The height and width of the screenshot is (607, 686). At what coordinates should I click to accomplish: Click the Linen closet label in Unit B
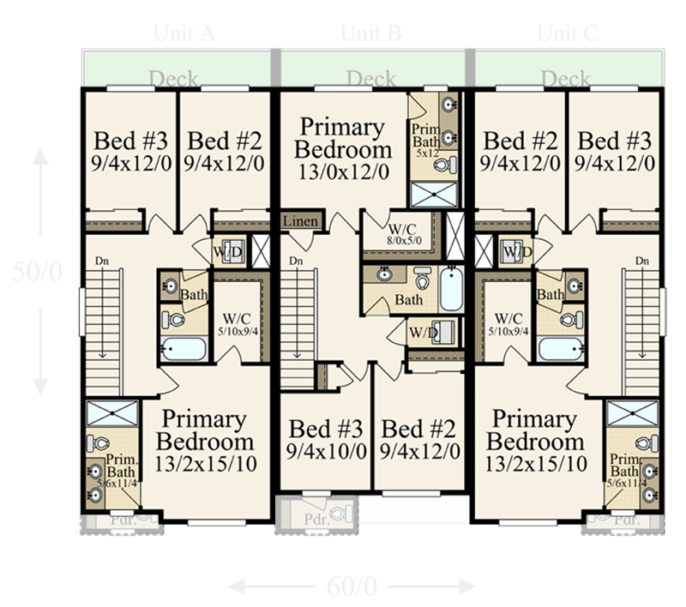301,222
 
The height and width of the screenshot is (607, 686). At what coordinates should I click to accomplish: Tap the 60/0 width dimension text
352,586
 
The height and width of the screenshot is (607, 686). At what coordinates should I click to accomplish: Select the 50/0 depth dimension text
39,271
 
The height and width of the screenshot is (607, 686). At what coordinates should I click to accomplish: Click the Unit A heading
183,33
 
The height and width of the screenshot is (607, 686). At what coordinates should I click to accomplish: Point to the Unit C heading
567,33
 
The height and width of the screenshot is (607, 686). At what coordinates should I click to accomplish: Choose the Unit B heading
370,33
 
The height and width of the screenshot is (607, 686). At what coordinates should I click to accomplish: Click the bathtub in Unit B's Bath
451,290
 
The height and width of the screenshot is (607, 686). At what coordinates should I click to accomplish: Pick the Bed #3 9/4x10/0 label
325,438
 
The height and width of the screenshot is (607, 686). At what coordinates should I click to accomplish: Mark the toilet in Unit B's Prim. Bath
451,165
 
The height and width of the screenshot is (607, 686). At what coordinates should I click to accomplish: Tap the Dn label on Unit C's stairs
641,261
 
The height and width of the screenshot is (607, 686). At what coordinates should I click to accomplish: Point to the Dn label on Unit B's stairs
297,261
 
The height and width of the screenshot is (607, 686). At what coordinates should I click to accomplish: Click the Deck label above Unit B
370,79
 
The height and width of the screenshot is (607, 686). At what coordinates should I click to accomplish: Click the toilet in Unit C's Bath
567,320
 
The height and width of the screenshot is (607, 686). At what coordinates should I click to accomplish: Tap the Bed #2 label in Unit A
226,149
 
